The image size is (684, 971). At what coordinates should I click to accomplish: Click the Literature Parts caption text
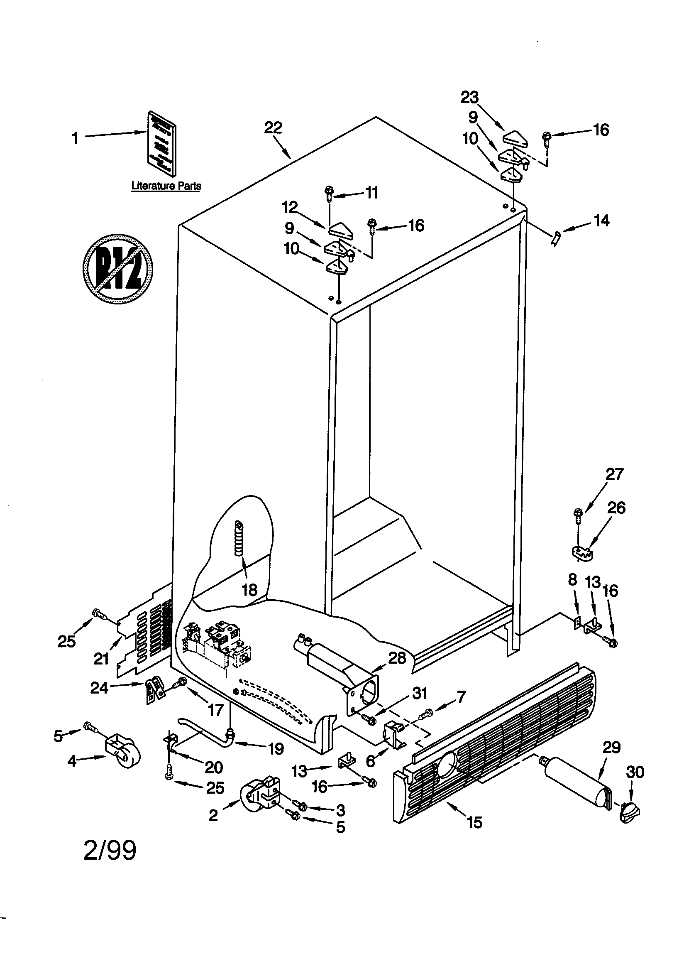tap(166, 186)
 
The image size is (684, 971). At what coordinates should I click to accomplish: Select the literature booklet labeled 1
tap(162, 144)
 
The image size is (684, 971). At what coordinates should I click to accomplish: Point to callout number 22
tap(273, 128)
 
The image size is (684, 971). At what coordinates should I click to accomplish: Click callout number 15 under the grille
tap(474, 823)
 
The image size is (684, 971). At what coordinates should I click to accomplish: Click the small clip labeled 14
tap(557, 239)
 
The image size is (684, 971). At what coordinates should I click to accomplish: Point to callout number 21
tap(101, 658)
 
